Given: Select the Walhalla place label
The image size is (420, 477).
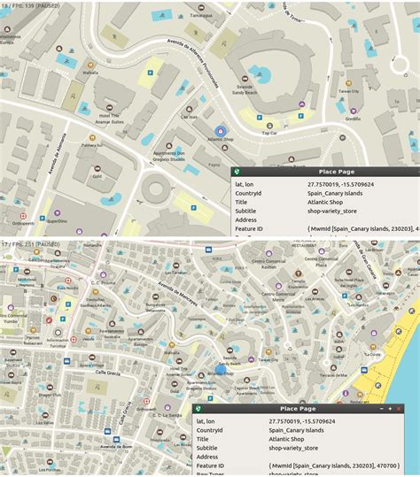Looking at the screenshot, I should [x=89, y=73].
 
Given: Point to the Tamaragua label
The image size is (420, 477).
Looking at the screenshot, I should [x=201, y=15].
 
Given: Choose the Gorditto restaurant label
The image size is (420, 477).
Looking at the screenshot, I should [x=353, y=118].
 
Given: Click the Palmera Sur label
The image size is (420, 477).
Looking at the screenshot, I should [x=92, y=144].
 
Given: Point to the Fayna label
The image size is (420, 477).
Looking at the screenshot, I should [x=214, y=164].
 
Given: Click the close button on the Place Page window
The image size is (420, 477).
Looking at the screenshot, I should [x=412, y=409].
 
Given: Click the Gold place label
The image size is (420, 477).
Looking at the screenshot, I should [x=97, y=175].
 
